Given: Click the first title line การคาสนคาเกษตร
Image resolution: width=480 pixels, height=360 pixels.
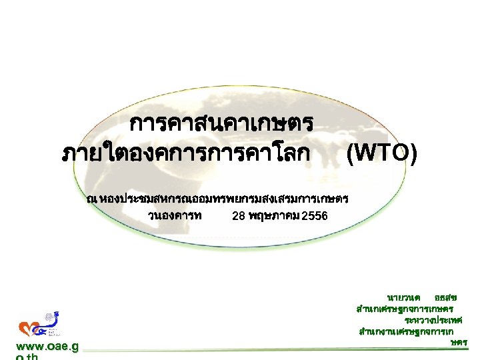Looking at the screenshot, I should point(222,124).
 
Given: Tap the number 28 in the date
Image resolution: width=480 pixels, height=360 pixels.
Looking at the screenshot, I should point(238,216).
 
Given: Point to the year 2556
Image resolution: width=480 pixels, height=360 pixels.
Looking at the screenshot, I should point(315,216).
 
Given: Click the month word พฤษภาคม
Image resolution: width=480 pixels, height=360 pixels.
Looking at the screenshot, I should point(273,216).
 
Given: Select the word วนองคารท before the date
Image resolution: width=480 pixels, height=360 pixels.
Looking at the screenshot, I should point(176,216).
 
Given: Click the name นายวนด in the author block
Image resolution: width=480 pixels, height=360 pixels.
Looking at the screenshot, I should point(403,297).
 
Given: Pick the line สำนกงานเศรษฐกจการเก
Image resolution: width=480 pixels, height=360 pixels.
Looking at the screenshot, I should point(407,331).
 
